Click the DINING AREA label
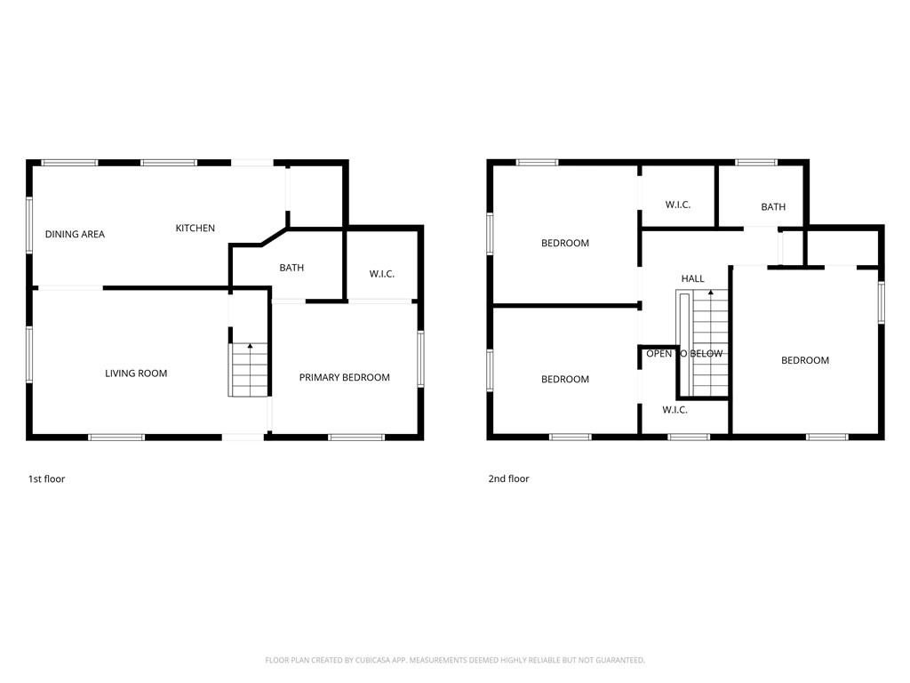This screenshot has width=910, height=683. pos(75,234)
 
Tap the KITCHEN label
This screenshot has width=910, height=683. pos(195,229)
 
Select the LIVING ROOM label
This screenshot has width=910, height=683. pos(136,374)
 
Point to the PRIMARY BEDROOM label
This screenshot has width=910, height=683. pos(344,377)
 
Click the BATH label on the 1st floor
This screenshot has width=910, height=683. pos(291,268)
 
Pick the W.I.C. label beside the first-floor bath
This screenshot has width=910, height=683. pos(382,274)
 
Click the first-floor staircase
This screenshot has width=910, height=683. pos(249,369)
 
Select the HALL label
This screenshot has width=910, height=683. pos(692,278)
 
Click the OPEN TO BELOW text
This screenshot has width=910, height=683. pos(684,354)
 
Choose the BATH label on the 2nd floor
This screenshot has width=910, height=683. pos(773,206)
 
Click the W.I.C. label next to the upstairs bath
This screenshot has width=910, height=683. pos(678,205)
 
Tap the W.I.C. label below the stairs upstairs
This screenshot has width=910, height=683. pos(675,409)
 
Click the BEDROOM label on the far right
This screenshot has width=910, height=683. pos(805,360)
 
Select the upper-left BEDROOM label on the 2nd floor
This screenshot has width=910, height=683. pos(564,244)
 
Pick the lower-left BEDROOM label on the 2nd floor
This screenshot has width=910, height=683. pos(564,379)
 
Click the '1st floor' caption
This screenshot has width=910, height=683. pos(46,479)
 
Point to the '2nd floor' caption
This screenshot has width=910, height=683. pos(508,479)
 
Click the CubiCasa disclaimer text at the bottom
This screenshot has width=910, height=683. pos(455,661)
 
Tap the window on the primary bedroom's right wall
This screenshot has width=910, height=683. pos(420,359)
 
